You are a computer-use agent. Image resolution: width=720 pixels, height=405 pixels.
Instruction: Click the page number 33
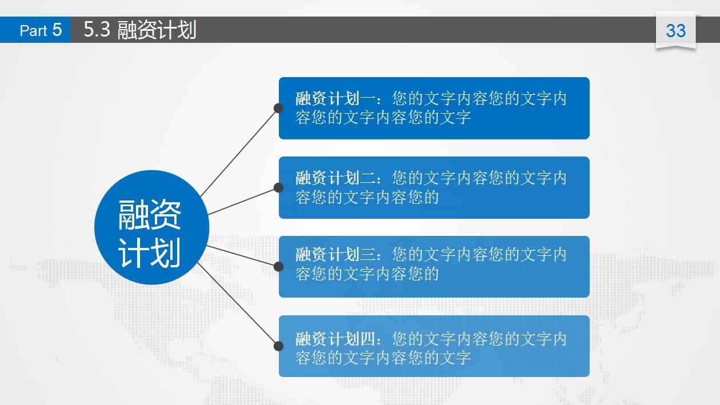[675, 30]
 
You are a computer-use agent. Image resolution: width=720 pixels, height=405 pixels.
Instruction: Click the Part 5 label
[40, 30]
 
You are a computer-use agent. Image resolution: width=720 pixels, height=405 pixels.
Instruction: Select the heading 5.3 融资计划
[140, 30]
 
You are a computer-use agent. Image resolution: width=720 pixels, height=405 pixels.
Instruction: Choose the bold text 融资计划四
[335, 339]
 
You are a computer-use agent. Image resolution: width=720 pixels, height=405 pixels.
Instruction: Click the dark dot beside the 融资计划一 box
[279, 108]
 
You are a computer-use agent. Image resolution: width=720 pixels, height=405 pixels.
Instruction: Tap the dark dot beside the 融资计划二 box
[279, 187]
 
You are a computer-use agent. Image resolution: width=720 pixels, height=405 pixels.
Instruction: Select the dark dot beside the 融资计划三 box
[279, 266]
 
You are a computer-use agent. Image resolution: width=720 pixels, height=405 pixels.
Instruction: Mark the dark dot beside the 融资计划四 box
[279, 346]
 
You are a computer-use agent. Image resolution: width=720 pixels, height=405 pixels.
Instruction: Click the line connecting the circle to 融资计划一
[239, 152]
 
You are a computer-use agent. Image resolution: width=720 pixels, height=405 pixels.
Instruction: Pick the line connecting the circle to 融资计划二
[243, 201]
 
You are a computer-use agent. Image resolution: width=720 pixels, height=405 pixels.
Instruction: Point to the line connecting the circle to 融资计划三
[243, 256]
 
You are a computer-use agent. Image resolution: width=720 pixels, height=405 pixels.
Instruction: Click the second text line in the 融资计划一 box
[383, 118]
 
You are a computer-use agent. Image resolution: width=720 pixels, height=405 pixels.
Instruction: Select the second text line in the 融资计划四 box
[383, 358]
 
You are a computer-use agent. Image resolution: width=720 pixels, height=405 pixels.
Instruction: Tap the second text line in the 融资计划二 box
[367, 198]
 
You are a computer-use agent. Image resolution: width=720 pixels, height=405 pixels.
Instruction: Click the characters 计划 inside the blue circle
[150, 253]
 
